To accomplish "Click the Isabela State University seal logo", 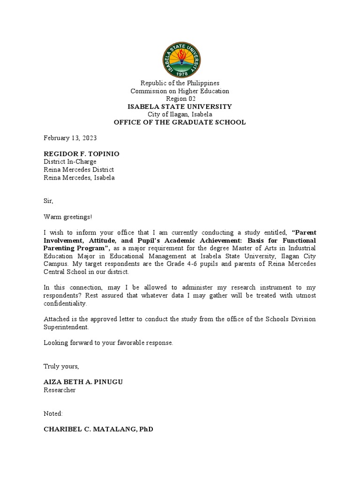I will tap(180, 59).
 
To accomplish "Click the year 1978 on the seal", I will tap(180, 73).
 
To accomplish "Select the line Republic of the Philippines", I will tap(180, 83).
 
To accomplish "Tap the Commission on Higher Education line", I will tap(180, 91).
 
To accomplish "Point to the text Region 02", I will tap(180, 99).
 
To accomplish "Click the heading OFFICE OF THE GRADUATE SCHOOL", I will tap(180, 122).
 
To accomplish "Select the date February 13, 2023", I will tap(70, 138).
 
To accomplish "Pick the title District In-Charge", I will tap(70, 162).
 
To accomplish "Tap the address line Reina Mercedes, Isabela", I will tap(79, 178).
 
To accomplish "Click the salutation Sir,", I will tap(49, 201).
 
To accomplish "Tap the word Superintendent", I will tap(66, 327).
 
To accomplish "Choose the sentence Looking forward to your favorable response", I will tap(109, 343).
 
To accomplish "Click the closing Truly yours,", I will tap(61, 366).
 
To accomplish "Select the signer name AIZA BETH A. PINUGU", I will tap(83, 382).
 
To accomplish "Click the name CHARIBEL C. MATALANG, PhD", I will tap(98, 429).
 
